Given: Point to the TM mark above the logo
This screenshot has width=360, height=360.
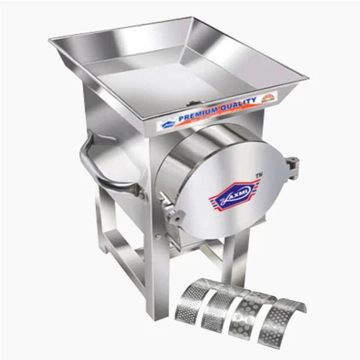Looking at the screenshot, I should click(x=258, y=174).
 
